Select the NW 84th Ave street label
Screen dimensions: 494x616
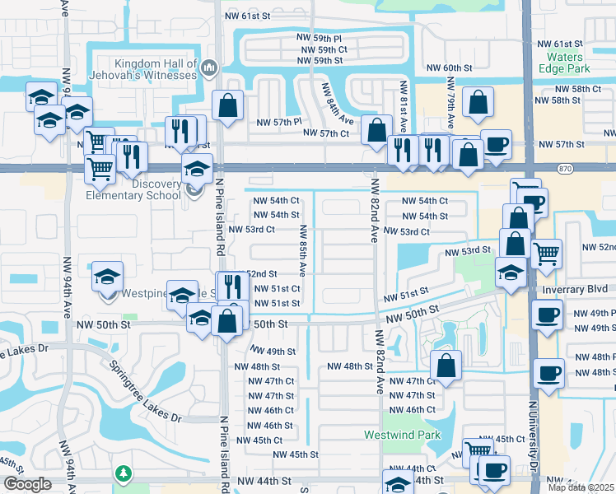337,103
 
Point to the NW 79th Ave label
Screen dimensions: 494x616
451,103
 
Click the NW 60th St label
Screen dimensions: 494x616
449,68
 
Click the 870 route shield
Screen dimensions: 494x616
564,168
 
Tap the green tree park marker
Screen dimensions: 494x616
123,473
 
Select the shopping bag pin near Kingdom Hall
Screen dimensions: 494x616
227,105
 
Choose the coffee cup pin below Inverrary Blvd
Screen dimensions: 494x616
547,314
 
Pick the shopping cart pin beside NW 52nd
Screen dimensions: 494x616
547,253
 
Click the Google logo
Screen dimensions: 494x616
28,483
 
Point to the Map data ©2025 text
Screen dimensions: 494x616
581,487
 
